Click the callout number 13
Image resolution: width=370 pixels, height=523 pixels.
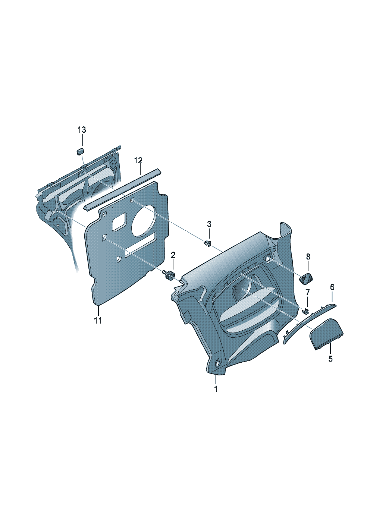(x=82, y=130)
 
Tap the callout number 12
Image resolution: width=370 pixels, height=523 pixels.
(x=138, y=160)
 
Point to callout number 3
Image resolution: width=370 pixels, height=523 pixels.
(x=209, y=224)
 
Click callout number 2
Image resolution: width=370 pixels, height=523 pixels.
(x=173, y=255)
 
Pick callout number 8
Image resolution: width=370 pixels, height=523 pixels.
(x=308, y=257)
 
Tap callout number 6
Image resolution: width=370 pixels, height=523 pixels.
(x=332, y=287)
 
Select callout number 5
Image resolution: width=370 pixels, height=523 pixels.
(x=330, y=358)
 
